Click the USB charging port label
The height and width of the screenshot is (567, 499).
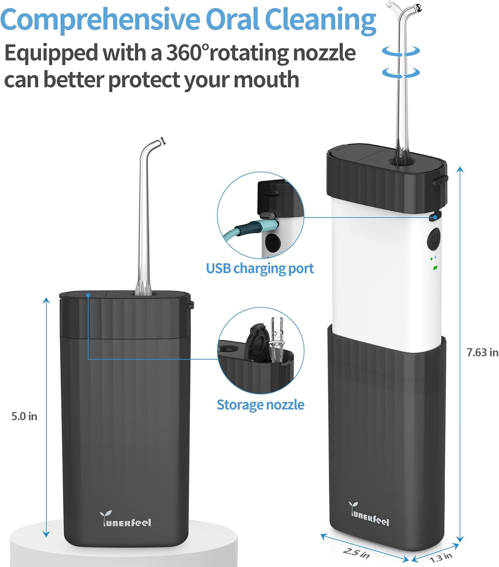click(x=260, y=268)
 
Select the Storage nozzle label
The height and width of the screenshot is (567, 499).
click(x=260, y=405)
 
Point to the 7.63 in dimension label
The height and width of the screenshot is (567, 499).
click(x=482, y=352)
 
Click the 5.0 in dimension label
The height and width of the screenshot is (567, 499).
click(x=24, y=416)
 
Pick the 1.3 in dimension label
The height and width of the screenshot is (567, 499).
click(x=441, y=557)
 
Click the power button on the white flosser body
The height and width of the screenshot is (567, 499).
click(x=434, y=239)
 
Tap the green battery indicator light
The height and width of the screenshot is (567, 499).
click(x=435, y=268)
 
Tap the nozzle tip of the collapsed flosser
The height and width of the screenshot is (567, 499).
click(x=162, y=141)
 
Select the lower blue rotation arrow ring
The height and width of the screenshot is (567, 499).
click(x=401, y=73)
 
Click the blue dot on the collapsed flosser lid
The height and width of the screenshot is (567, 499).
click(x=88, y=294)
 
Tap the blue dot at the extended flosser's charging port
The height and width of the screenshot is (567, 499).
click(x=435, y=217)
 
